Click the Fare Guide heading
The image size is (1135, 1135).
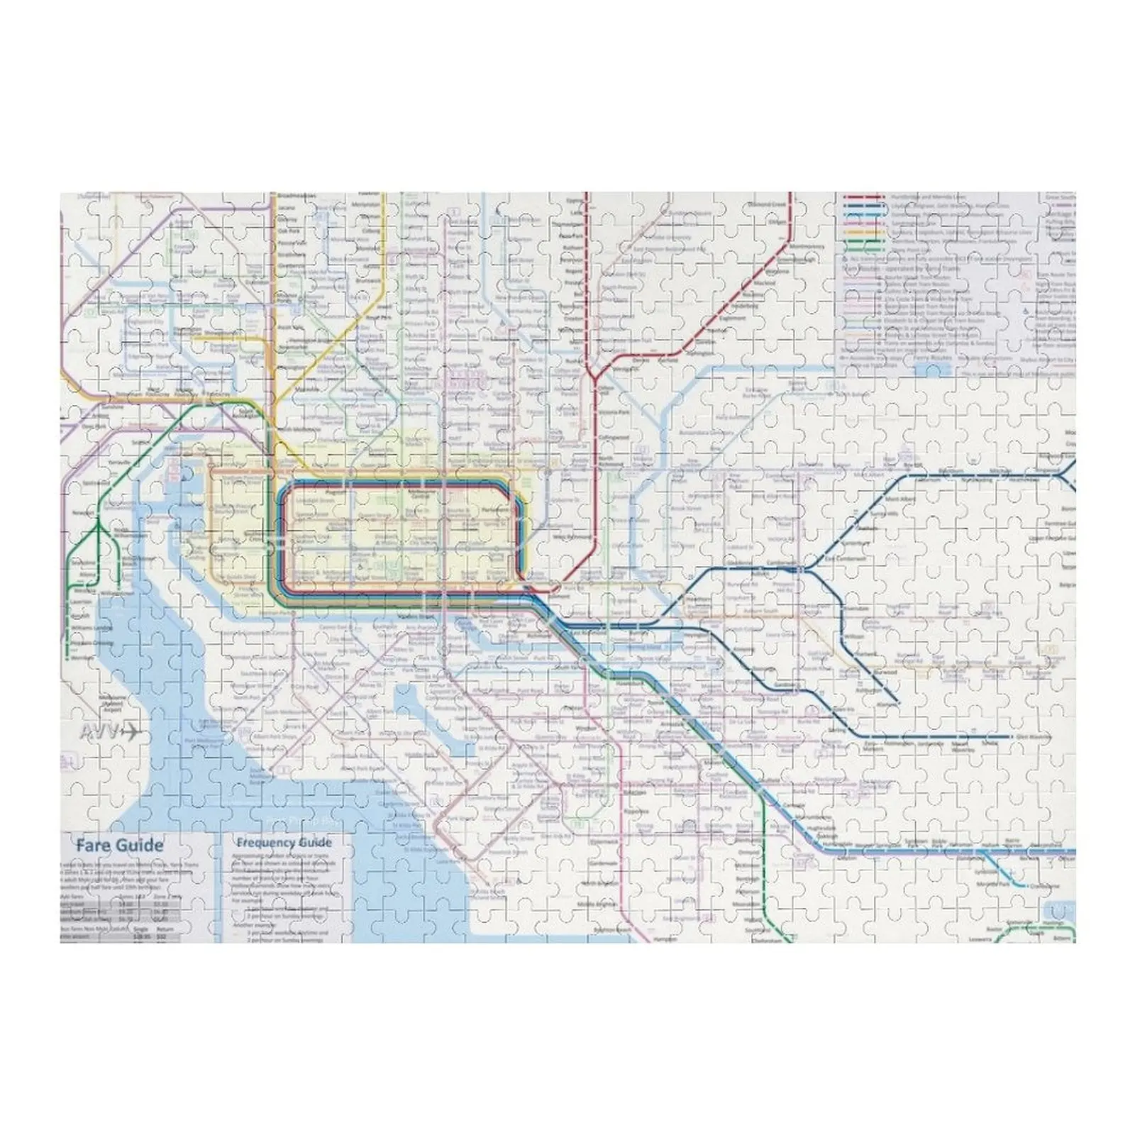click(119, 845)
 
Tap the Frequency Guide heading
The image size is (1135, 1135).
click(284, 843)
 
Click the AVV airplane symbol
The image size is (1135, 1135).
click(110, 733)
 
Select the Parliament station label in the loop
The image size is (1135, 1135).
click(494, 509)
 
